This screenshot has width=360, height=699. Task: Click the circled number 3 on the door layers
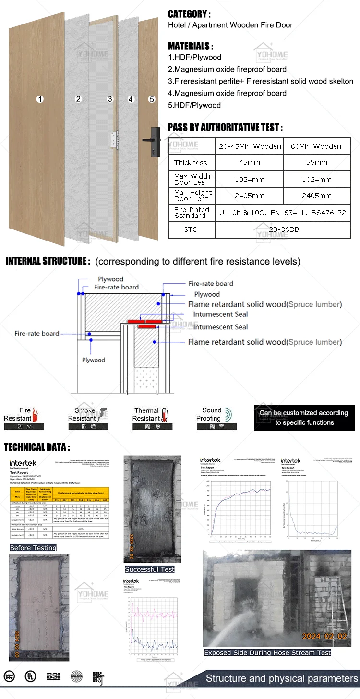[x=110, y=99]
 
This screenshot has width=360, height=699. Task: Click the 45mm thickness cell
[x=250, y=162]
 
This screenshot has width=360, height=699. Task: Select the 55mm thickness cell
[x=317, y=162]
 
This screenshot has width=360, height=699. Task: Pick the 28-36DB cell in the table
[x=283, y=229]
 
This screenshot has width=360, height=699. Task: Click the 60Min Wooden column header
[x=317, y=146]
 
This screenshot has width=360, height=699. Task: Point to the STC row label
[x=191, y=229]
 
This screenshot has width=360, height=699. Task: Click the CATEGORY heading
[x=189, y=14]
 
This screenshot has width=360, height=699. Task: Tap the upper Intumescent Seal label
[x=220, y=314]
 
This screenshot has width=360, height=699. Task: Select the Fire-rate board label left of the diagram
[x=37, y=333]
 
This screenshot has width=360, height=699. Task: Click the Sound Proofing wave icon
[x=228, y=414]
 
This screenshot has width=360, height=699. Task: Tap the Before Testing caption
[x=33, y=548]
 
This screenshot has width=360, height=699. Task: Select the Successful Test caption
[x=150, y=569]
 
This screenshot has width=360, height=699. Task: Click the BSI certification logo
[x=53, y=676]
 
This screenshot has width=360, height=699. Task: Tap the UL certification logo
[x=31, y=676]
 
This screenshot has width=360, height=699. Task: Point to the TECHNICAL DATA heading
[x=37, y=447]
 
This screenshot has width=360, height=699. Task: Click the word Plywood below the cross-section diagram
[x=93, y=360]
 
